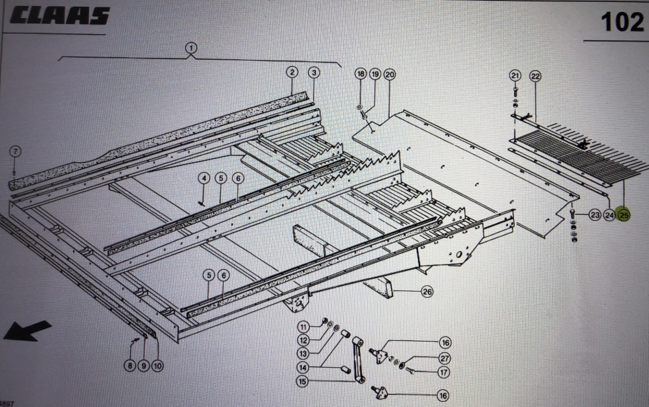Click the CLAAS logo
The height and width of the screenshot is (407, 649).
[59, 16]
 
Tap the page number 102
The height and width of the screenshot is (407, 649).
[622, 22]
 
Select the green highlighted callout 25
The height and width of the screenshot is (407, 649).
[624, 215]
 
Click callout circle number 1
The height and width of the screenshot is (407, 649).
[191, 48]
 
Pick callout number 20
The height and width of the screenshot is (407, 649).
[389, 74]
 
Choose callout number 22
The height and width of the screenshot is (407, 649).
[535, 76]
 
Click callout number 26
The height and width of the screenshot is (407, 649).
[427, 292]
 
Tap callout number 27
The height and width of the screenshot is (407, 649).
[444, 358]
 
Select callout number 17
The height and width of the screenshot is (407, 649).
[444, 372]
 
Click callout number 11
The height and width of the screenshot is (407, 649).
[304, 327]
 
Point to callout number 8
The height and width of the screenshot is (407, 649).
[130, 366]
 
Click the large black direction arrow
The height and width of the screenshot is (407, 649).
[27, 331]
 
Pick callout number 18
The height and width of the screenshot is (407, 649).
[360, 74]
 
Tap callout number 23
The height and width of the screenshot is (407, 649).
[594, 215]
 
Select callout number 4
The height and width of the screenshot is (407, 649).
[204, 178]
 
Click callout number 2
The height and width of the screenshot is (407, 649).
[292, 72]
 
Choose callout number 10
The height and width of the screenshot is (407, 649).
[157, 366]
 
